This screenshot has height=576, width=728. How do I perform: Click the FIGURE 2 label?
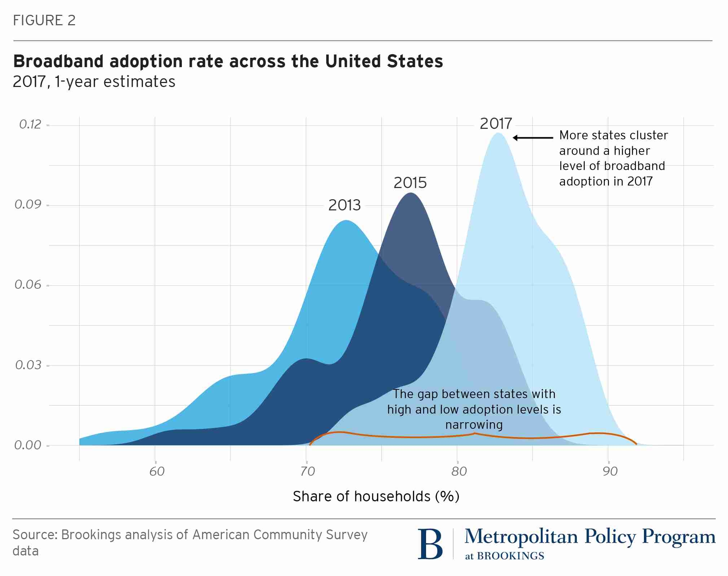pyautogui.click(x=44, y=21)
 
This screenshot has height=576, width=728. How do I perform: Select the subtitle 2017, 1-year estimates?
pyautogui.click(x=94, y=82)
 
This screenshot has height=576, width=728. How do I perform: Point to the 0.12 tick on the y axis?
pyautogui.click(x=30, y=125)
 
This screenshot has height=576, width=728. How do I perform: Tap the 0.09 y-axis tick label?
pyautogui.click(x=28, y=205)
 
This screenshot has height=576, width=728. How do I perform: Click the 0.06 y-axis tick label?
pyautogui.click(x=28, y=285)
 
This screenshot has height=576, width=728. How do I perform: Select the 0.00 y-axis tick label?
pyautogui.click(x=28, y=445)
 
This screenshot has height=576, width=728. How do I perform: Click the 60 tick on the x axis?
pyautogui.click(x=157, y=471)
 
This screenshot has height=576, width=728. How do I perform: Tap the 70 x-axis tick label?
pyautogui.click(x=307, y=471)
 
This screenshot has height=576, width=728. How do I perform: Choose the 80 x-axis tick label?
pyautogui.click(x=459, y=471)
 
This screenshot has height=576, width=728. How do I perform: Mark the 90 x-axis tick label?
pyautogui.click(x=610, y=471)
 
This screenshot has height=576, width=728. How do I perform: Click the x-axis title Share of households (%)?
pyautogui.click(x=376, y=497)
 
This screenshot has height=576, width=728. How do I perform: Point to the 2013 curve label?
pyautogui.click(x=344, y=205)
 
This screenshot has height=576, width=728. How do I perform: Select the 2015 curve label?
pyautogui.click(x=410, y=183)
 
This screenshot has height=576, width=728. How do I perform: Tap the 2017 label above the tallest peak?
pyautogui.click(x=496, y=124)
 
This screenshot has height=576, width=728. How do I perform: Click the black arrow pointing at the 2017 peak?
pyautogui.click(x=533, y=138)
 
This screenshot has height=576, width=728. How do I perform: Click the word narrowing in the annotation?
pyautogui.click(x=474, y=425)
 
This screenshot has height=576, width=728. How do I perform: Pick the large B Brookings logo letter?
pyautogui.click(x=430, y=544)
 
